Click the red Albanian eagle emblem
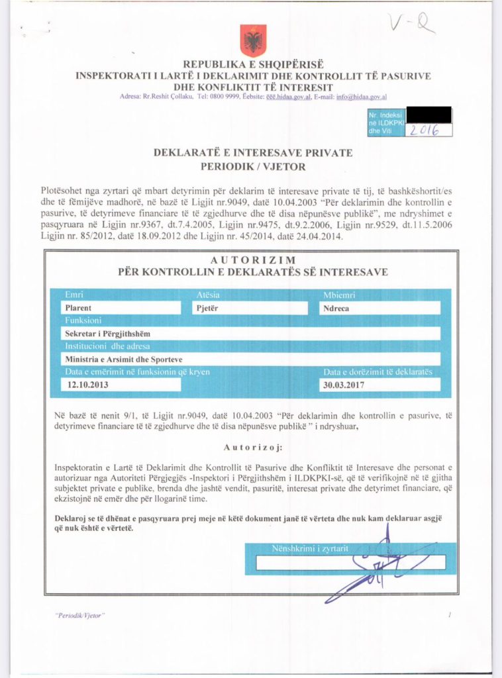[x=254, y=40]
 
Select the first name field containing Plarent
[x=120, y=308]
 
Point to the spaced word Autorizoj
[x=250, y=446]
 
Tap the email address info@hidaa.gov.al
[x=362, y=97]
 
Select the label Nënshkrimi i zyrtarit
[x=310, y=548]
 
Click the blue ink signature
[x=374, y=566]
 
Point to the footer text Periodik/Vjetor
[x=79, y=616]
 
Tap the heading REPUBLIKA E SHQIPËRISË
[x=253, y=64]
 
